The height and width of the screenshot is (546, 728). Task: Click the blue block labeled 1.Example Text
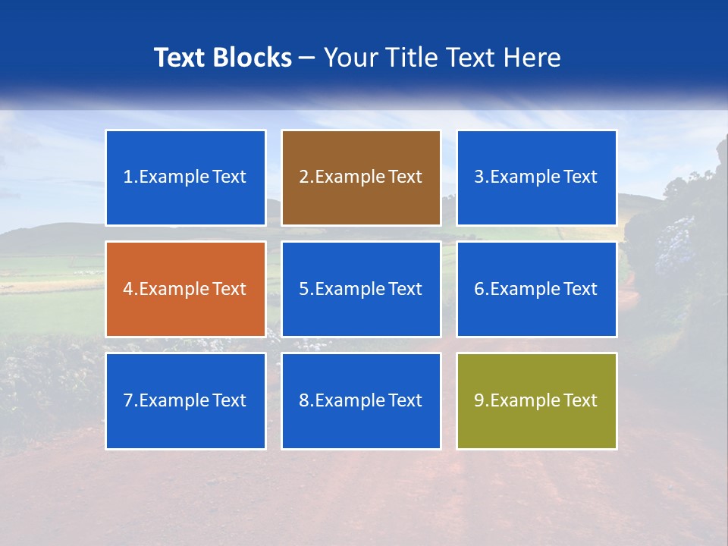pos(185,177)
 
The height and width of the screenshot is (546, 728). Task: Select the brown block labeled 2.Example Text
pos(361,177)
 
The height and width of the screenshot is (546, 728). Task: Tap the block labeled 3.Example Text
pos(536,177)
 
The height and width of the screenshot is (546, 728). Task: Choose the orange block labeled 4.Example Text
pos(185,289)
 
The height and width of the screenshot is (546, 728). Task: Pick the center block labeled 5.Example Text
pos(361,289)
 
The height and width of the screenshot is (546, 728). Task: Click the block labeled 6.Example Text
pos(536,289)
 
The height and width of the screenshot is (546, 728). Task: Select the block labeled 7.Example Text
pos(185,400)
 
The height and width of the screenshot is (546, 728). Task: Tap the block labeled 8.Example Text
pos(361,400)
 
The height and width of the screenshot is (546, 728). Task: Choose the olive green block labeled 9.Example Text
pos(536,400)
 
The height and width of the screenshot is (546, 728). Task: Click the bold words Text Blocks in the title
pos(222,58)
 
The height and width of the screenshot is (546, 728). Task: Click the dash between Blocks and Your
pos(307,58)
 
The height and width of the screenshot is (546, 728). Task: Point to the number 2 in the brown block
pos(303,177)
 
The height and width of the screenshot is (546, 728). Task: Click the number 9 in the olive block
pos(479,400)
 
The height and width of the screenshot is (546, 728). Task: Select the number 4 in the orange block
pos(128,289)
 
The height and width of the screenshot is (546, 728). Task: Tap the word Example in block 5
pos(350,289)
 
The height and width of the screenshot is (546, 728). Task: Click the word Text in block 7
pos(229,400)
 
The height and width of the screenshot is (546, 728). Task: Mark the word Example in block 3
pos(525,177)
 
